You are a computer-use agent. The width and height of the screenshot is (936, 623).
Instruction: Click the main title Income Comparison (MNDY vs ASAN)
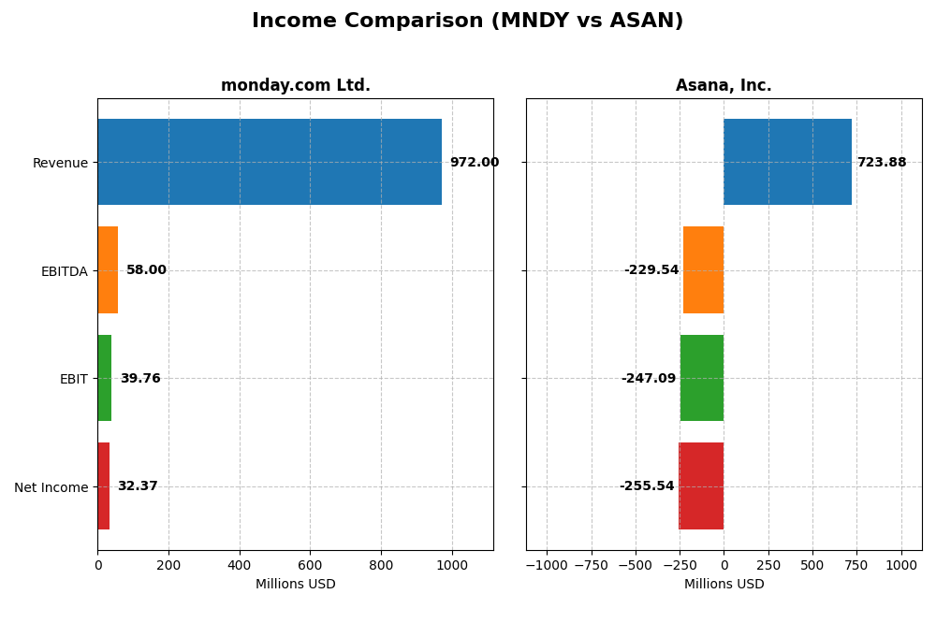[467, 21]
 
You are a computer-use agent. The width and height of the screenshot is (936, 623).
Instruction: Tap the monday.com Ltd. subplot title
[295, 85]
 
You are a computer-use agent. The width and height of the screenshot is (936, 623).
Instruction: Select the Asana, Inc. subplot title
[724, 85]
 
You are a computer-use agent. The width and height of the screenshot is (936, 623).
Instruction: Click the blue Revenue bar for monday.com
[270, 162]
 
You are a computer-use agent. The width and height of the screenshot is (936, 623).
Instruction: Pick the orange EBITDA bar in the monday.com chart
[108, 269]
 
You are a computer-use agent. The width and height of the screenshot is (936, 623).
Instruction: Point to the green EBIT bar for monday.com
[104, 378]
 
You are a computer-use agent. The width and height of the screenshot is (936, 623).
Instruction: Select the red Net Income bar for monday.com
[103, 485]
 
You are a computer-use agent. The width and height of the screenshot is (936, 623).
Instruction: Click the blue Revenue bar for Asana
[787, 162]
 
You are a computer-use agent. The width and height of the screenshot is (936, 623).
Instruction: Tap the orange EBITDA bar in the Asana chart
[703, 269]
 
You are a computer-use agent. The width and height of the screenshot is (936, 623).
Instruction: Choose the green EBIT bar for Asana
[702, 378]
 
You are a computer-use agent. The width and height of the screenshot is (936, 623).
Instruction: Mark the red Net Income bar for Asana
[701, 485]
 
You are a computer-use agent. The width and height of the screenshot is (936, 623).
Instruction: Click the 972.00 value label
[474, 163]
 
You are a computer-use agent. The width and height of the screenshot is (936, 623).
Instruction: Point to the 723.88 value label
[881, 163]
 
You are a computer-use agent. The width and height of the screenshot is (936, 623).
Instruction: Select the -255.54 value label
[646, 486]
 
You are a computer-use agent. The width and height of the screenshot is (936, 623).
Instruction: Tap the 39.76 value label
[140, 379]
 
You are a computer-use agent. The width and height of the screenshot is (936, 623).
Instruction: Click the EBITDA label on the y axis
[64, 271]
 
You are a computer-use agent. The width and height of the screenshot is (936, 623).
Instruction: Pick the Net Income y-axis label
[51, 487]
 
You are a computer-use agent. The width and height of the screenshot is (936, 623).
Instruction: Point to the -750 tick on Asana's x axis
[591, 565]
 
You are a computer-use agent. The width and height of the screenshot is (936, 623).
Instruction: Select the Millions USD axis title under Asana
[724, 584]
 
